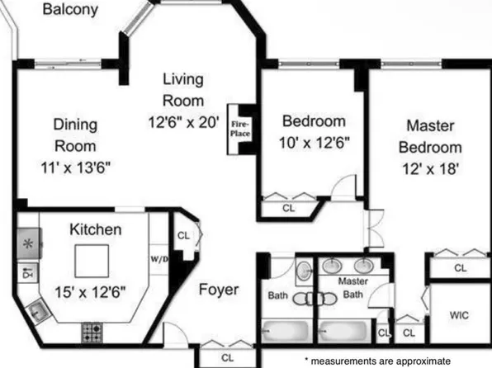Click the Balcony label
click(70, 11)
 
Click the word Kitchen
click(95, 229)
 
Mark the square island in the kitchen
click(93, 263)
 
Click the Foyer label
click(219, 290)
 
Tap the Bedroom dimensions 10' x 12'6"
click(314, 142)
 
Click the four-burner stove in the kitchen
click(91, 333)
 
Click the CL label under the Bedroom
click(288, 209)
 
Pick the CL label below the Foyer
click(227, 358)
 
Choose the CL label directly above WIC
click(459, 268)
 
